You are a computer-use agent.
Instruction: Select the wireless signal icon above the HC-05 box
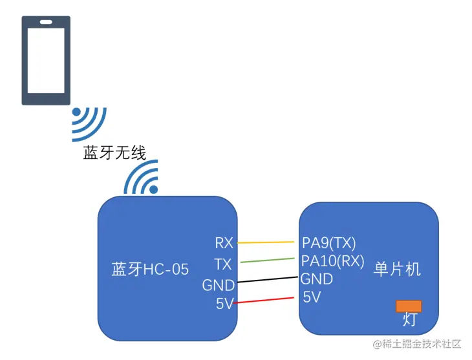pyautogui.click(x=143, y=179)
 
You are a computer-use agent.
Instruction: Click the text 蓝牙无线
pyautogui.click(x=114, y=153)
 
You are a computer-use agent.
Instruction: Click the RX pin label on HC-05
pyautogui.click(x=224, y=243)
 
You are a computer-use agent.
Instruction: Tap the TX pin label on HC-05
pyautogui.click(x=224, y=264)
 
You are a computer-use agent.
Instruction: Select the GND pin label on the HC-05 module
pyautogui.click(x=218, y=285)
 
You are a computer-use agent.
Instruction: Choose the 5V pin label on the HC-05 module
pyautogui.click(x=224, y=304)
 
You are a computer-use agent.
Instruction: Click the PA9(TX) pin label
pyautogui.click(x=329, y=243)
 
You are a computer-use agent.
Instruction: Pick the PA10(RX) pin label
pyautogui.click(x=333, y=260)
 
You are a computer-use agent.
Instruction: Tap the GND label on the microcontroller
pyautogui.click(x=317, y=279)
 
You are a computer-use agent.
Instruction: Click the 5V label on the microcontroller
pyautogui.click(x=312, y=297)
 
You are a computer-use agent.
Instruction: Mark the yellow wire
pyautogui.click(x=269, y=242)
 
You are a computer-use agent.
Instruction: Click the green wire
pyautogui.click(x=269, y=260)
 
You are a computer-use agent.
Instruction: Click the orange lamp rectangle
pyautogui.click(x=409, y=306)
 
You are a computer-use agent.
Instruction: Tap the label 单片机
pyautogui.click(x=397, y=270)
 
